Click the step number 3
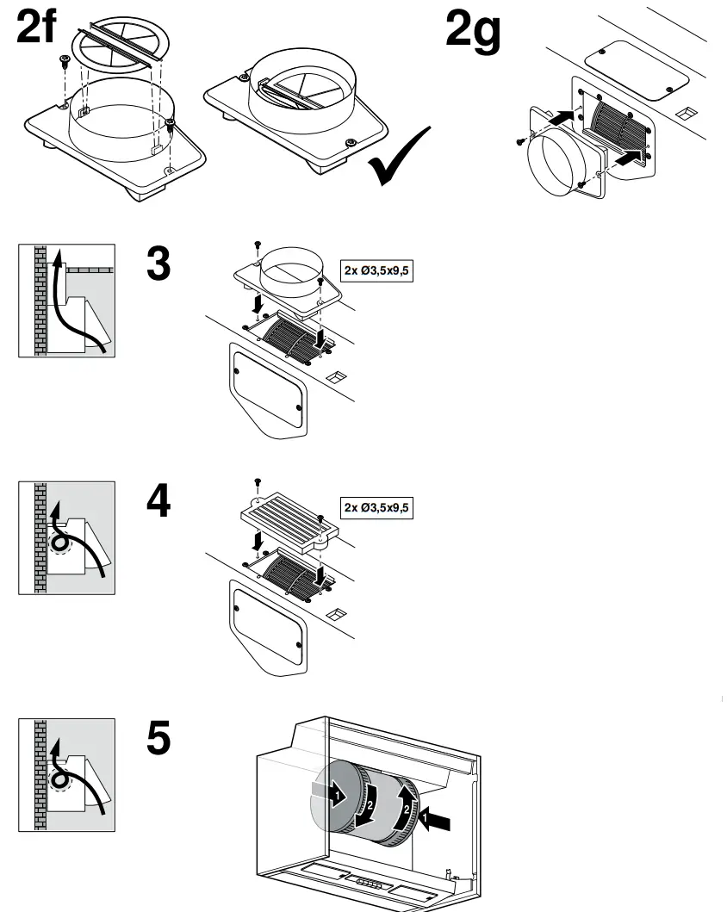coord(158,266)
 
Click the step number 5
coord(158,740)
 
